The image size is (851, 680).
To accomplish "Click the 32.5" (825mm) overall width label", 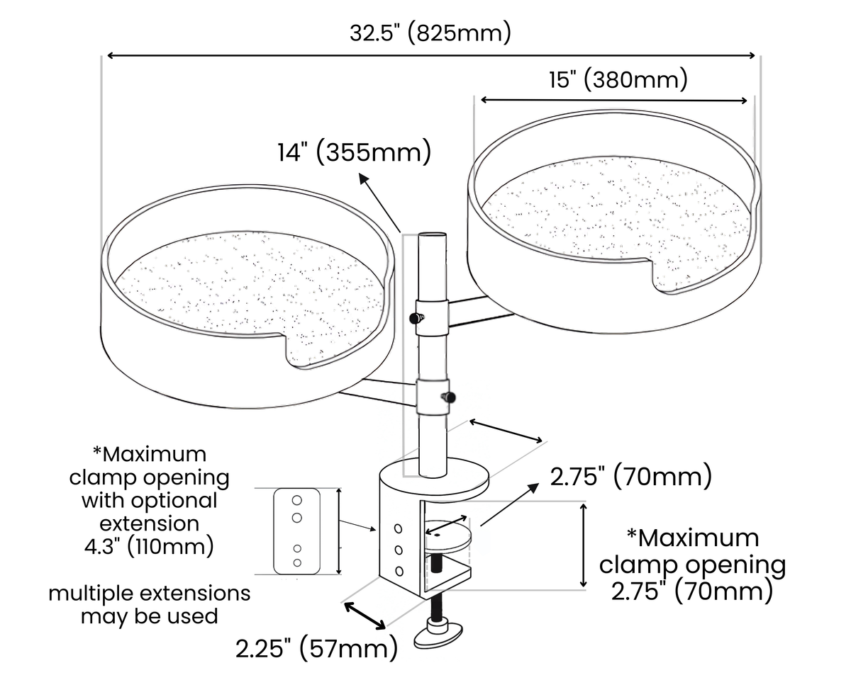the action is click(x=430, y=33).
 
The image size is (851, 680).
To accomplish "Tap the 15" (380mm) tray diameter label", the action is click(x=618, y=80).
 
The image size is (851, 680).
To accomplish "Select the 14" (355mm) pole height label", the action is click(x=355, y=152).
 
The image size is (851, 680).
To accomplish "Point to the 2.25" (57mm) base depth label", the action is click(x=317, y=649).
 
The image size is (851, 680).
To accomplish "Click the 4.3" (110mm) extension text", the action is click(x=150, y=546).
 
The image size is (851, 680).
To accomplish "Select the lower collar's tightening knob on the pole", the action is click(x=448, y=397).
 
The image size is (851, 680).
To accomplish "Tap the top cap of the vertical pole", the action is click(x=432, y=236).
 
